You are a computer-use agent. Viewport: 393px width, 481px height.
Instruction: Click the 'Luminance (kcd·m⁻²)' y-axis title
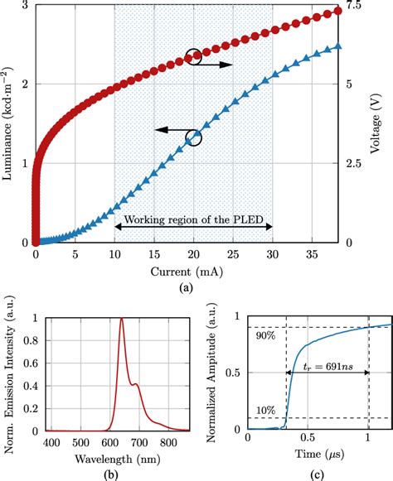[10, 124]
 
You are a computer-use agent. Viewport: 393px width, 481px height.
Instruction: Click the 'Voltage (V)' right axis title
[382, 124]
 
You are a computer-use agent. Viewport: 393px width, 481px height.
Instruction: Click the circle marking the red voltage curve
[193, 57]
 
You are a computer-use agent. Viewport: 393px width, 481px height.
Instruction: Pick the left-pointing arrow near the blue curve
[170, 130]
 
